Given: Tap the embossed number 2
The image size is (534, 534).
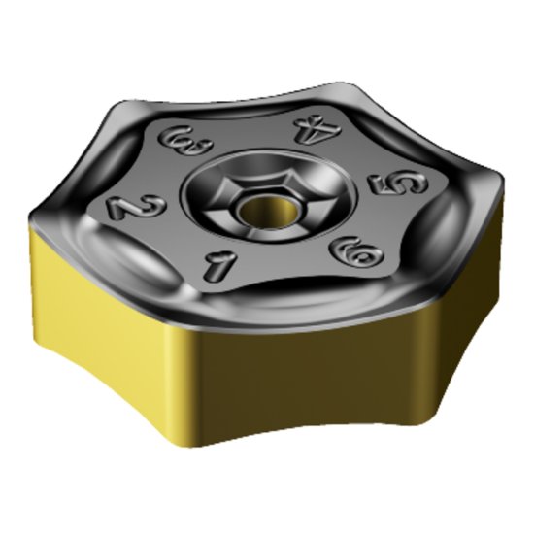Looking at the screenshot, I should point(123,207).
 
